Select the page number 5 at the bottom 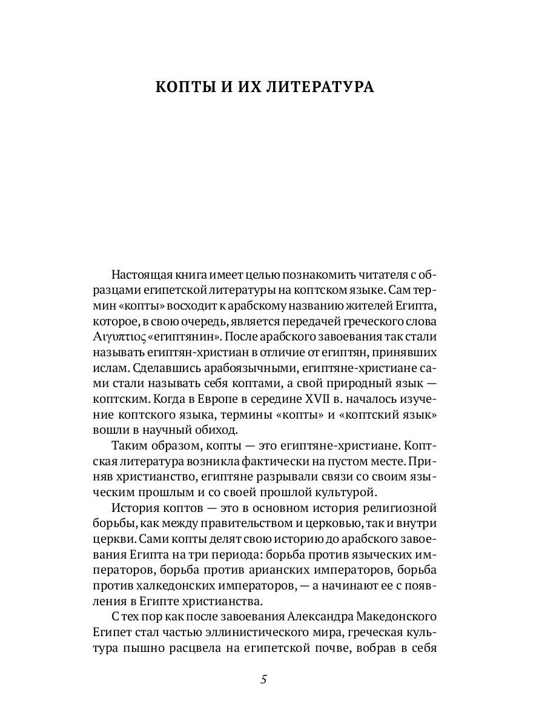click(x=263, y=679)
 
